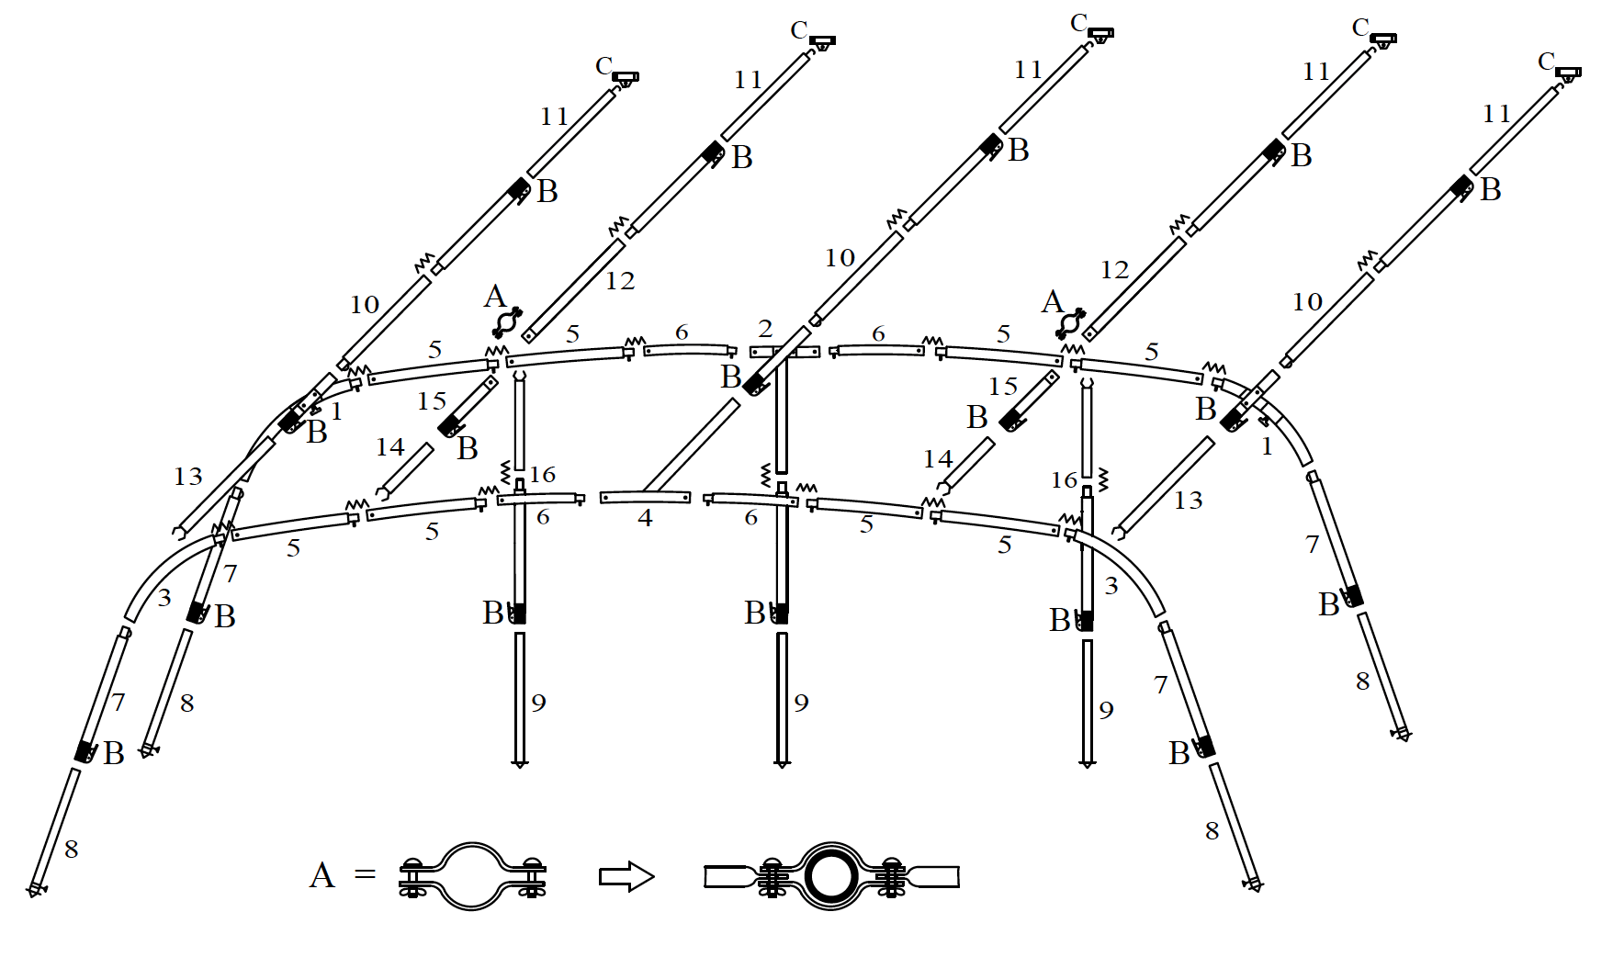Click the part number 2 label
point(766,329)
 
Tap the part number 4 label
point(646,519)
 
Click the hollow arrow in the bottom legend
point(626,876)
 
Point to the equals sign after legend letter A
point(366,874)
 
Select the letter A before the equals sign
point(322,875)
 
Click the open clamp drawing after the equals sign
point(472,876)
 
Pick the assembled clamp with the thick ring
point(831,876)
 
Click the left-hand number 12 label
point(620,281)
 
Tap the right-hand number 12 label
point(1114,270)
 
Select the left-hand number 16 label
point(543,475)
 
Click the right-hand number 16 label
point(1064,479)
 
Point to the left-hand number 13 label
point(188,477)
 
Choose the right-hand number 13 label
point(1188,501)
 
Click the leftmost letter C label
point(603,66)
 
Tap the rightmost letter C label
point(1546,62)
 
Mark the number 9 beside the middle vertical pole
point(802,704)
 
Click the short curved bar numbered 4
point(645,497)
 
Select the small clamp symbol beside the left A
point(507,322)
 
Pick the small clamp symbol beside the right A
point(1071,323)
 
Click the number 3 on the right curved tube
point(1111,586)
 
